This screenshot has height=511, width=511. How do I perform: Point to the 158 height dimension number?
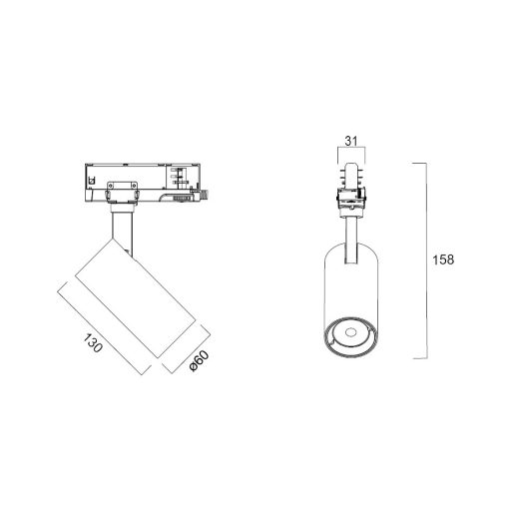tap(444, 259)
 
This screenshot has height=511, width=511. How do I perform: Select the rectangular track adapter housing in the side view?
tap(140, 179)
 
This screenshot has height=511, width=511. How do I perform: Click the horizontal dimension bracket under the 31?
tap(351, 153)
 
